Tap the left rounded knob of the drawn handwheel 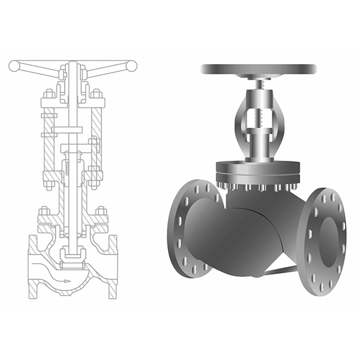(14, 66)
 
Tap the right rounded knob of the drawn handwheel (131, 65)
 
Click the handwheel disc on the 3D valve (259, 70)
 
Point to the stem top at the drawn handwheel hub (73, 65)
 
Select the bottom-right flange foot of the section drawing (112, 291)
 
